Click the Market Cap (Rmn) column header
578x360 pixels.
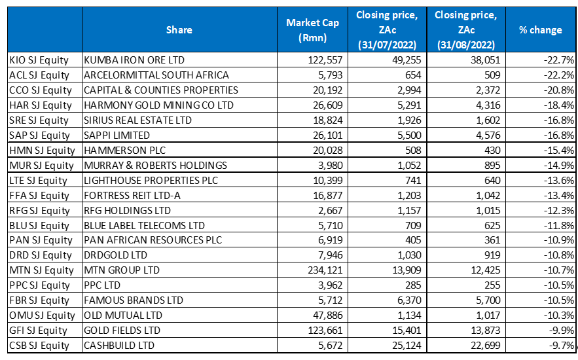(x=312, y=30)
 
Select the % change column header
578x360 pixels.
(x=540, y=30)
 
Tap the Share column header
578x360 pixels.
(x=179, y=30)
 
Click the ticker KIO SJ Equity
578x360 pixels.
(x=39, y=60)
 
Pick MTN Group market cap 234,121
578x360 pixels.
(x=323, y=270)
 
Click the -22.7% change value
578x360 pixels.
(x=558, y=60)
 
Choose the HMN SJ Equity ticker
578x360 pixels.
(x=41, y=150)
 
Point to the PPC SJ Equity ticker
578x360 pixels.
(x=39, y=285)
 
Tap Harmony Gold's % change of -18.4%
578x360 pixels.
(x=558, y=105)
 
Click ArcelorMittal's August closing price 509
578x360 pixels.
(x=492, y=75)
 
